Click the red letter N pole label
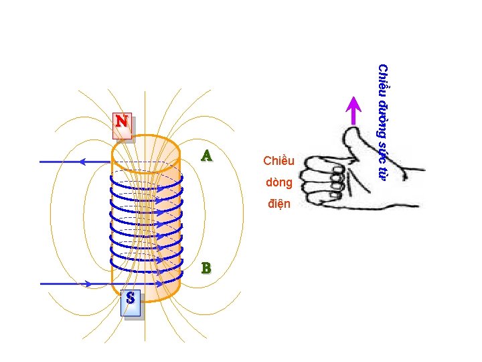click(122, 122)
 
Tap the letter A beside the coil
click(207, 156)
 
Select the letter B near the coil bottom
click(206, 268)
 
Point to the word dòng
click(278, 182)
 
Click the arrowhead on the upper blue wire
click(82, 162)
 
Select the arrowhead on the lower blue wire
click(89, 284)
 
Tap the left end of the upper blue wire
click(42, 162)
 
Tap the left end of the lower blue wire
click(42, 284)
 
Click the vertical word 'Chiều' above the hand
click(382, 79)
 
